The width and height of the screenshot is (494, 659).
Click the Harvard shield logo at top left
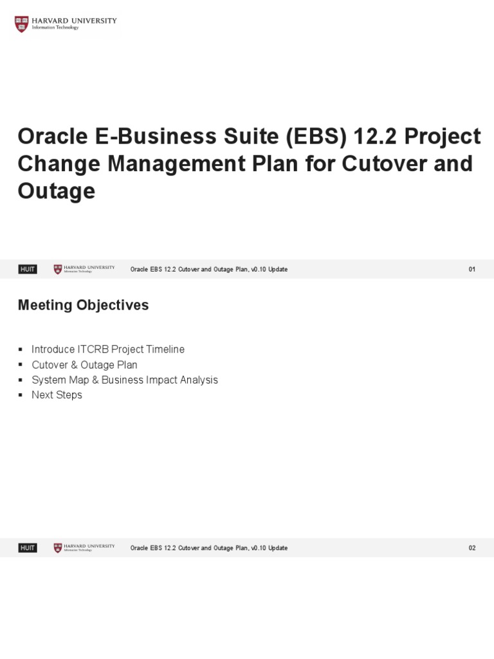[22, 24]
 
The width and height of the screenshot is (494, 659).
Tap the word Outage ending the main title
[56, 190]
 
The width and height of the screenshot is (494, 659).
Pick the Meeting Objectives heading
[83, 305]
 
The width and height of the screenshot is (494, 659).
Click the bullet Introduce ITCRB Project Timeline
[108, 349]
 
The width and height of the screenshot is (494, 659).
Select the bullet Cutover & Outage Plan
[84, 365]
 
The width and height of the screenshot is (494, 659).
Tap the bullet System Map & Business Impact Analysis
[125, 380]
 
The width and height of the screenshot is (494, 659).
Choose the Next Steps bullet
[57, 394]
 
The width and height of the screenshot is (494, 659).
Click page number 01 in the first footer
[472, 270]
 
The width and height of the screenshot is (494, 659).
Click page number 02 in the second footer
[472, 548]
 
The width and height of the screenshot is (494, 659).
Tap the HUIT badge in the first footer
[28, 270]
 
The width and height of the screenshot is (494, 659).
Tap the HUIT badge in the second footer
[28, 548]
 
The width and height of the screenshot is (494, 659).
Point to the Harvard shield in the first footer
[58, 270]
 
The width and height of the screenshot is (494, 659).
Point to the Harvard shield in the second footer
[58, 548]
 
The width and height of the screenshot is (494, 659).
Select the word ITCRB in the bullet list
[93, 349]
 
